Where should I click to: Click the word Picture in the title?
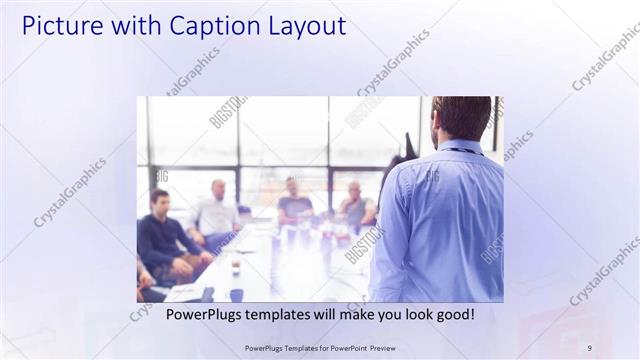point(58,26)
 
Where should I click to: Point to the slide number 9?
point(589,348)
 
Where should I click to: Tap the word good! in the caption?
point(453,315)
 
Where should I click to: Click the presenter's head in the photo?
point(461,118)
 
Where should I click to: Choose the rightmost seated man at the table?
point(355,208)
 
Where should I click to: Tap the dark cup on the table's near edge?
point(236,294)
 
